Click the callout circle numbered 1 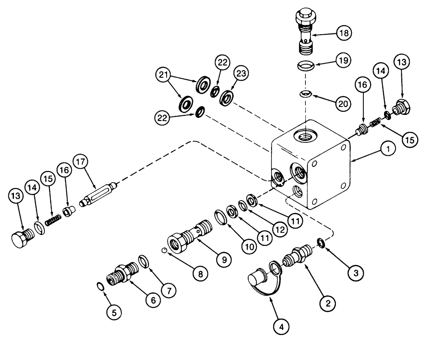387,149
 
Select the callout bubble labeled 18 344,33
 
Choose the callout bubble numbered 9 224,258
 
